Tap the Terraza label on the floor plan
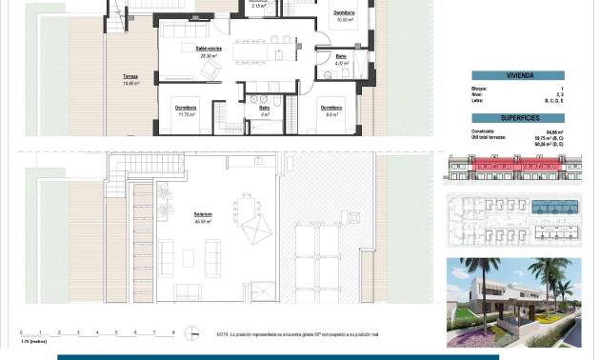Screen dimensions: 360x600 coord(130,79)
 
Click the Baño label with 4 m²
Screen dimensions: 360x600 coord(265,110)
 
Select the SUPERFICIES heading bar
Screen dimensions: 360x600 coord(518,118)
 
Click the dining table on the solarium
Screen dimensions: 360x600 coord(250,205)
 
